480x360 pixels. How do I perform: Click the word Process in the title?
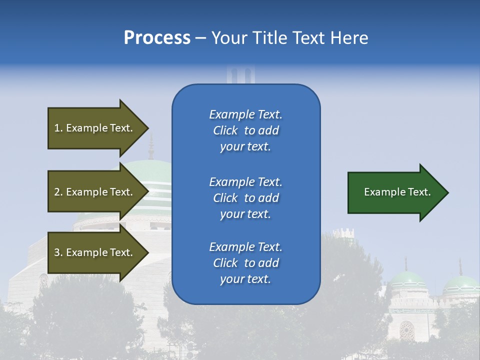pos(157,38)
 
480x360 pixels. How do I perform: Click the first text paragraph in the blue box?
pos(245,130)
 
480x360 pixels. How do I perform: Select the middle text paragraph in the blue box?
pos(245,198)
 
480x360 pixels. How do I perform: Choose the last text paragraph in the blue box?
pos(245,263)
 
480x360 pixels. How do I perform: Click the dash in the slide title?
pos(200,38)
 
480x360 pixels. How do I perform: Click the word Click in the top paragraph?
pos(225,130)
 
